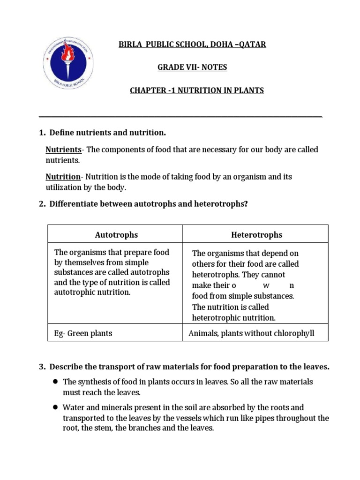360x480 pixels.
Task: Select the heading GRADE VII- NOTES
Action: point(192,67)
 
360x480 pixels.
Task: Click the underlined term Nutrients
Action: point(63,150)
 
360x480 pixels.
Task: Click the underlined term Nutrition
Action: point(63,177)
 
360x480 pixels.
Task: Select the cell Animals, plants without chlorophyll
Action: point(251,334)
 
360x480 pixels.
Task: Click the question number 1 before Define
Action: point(42,133)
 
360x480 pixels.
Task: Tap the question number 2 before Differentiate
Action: point(42,204)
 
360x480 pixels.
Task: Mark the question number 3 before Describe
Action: point(42,367)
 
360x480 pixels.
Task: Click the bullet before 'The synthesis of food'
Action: point(55,382)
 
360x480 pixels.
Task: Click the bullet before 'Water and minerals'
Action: point(55,408)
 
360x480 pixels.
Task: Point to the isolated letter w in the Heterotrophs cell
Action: point(266,285)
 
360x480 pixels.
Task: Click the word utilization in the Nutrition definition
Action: point(62,187)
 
